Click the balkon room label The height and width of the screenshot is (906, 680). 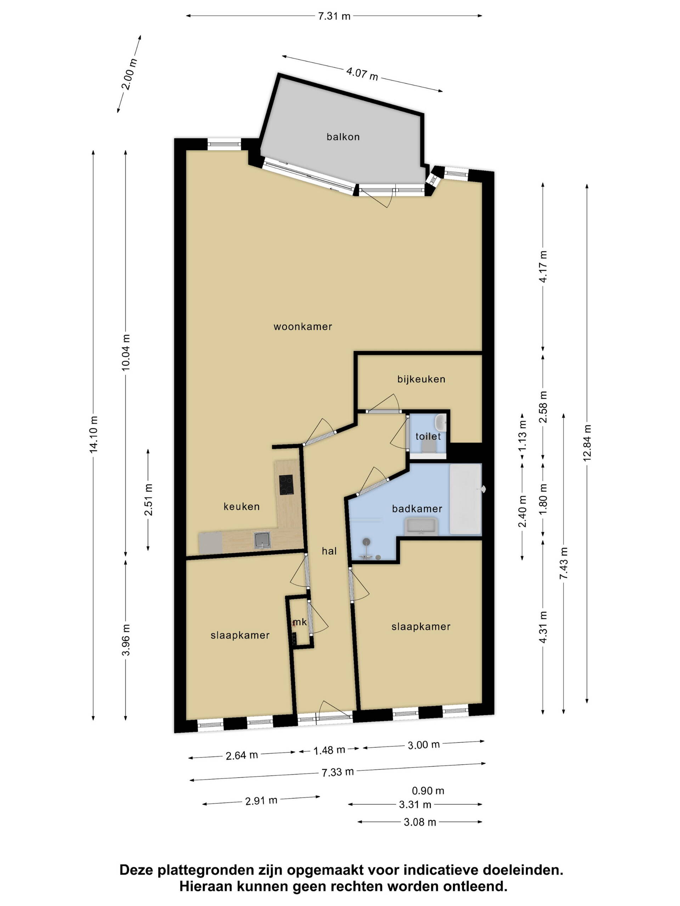pos(343,137)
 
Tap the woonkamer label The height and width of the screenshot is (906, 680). pos(303,326)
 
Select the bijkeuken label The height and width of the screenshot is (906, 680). pos(421,379)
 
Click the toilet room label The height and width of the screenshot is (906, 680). pos(428,436)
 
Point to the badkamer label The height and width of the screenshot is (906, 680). pos(417,509)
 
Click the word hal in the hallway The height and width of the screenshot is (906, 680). pos(329,551)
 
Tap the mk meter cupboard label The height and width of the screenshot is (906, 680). pos(300,622)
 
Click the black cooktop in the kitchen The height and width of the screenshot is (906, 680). pos(286,485)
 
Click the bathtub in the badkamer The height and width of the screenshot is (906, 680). pos(466,499)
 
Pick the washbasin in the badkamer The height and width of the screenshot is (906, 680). pos(421,526)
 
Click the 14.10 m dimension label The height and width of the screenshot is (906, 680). pos(94,435)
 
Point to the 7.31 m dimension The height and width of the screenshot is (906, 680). pos(334,16)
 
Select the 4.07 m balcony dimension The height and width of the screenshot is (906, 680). pos(362,74)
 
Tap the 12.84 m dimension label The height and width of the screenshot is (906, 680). pos(587,442)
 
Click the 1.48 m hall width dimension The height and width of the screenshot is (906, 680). pos(329,750)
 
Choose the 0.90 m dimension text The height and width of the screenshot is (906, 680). pos(428,791)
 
